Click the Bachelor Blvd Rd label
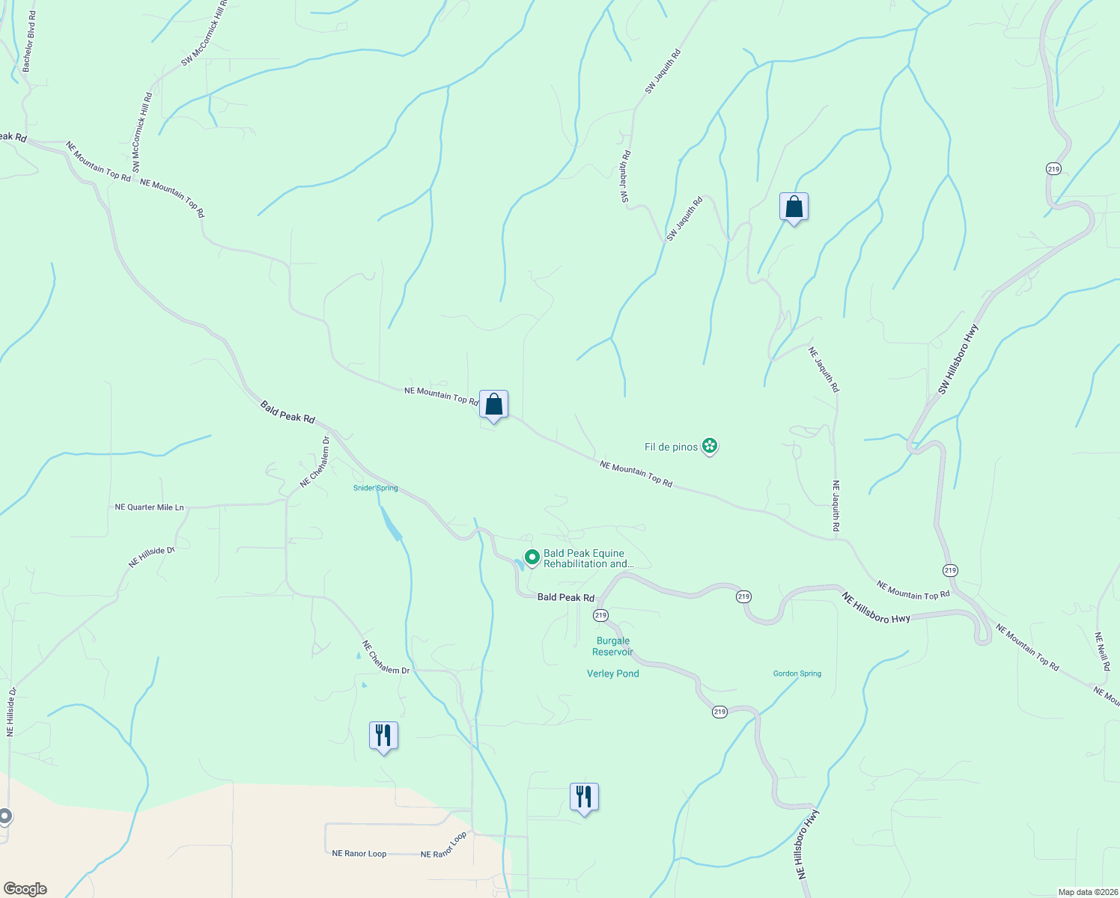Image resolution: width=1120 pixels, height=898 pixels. click(30, 42)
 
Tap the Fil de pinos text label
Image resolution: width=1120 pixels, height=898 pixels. click(671, 448)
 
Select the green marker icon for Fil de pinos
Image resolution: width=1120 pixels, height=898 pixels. click(710, 447)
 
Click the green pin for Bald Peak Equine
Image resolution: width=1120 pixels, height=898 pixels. click(532, 558)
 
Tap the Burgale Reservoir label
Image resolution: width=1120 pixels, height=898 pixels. click(612, 647)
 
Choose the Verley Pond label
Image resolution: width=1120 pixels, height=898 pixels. click(612, 673)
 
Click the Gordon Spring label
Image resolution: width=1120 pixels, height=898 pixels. click(797, 673)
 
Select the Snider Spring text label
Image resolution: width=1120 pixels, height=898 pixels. click(376, 488)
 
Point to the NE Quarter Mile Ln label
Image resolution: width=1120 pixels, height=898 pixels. click(149, 507)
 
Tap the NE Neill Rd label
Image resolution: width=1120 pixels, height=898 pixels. click(1101, 652)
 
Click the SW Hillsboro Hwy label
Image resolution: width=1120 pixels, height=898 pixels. click(958, 359)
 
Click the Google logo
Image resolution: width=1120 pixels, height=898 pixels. click(25, 889)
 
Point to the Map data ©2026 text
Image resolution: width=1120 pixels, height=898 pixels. click(1086, 892)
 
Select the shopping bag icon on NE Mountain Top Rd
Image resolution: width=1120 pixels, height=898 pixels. click(493, 405)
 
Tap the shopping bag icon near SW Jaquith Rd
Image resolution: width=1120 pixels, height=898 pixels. click(794, 207)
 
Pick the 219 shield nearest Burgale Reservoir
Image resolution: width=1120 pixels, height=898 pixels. click(600, 615)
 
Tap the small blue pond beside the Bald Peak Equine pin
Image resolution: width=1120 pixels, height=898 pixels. click(518, 563)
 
